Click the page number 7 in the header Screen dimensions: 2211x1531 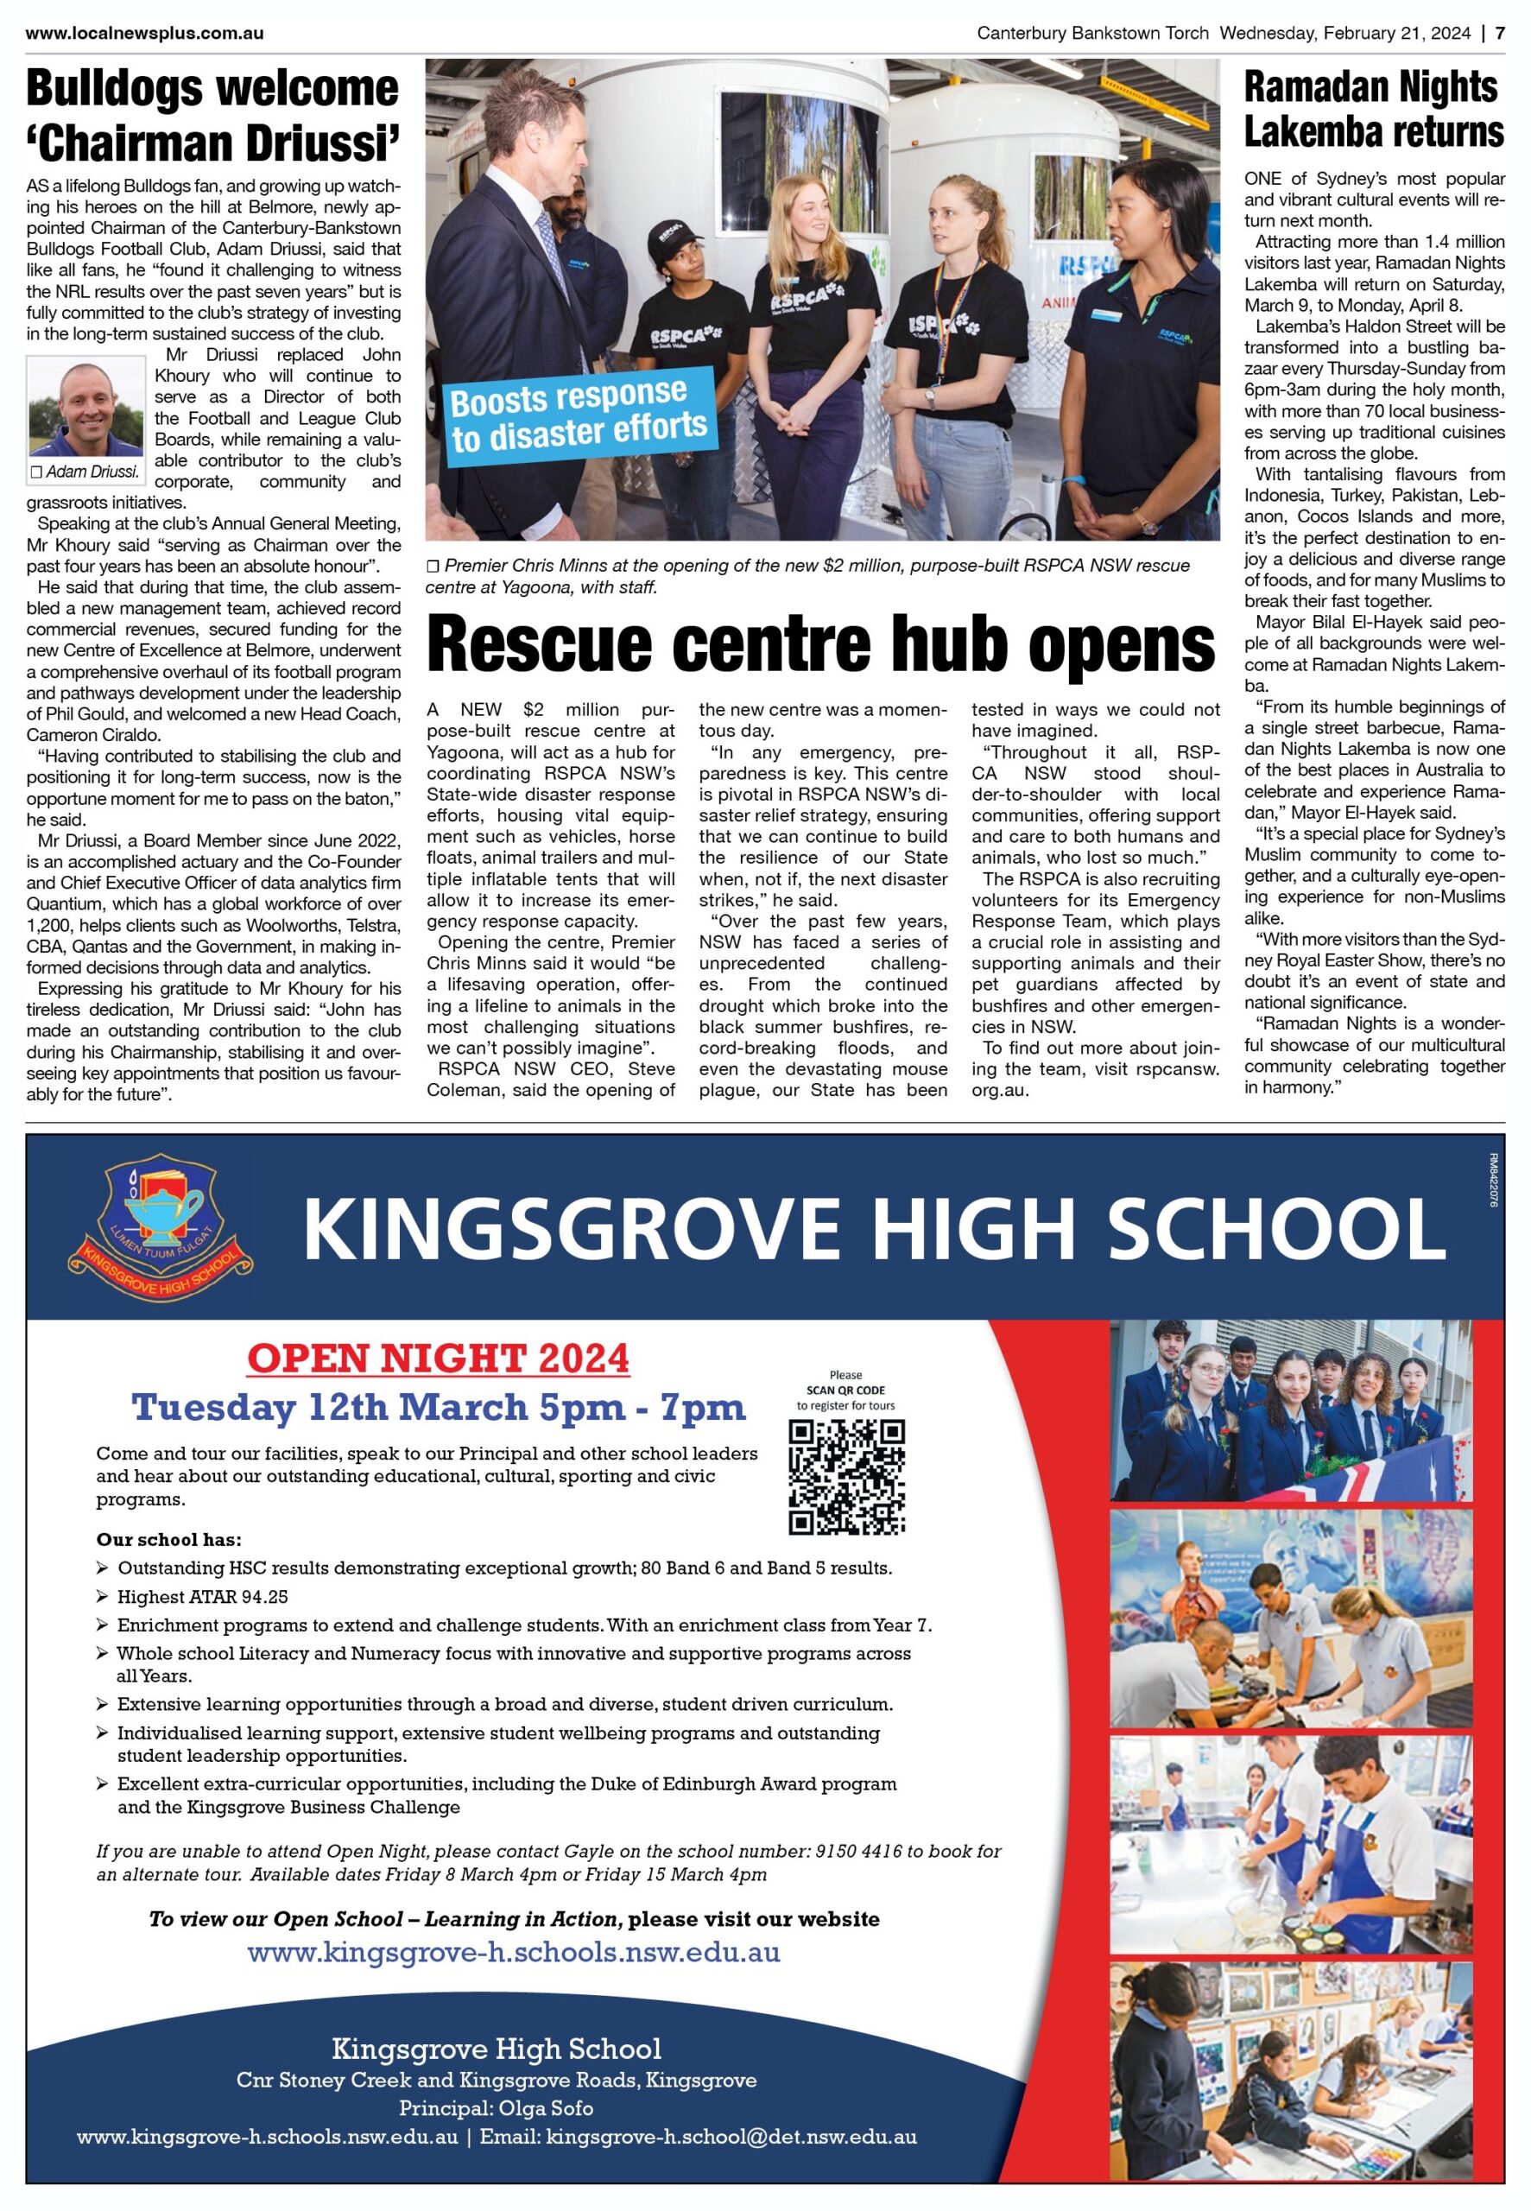(x=1500, y=33)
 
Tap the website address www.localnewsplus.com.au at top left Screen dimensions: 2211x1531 (x=145, y=34)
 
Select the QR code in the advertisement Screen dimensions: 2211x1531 (x=846, y=1477)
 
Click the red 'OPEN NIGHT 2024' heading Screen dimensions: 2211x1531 (x=439, y=1359)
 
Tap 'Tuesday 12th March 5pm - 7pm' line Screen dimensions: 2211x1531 (x=439, y=1407)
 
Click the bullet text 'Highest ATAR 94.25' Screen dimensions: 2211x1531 (x=202, y=1597)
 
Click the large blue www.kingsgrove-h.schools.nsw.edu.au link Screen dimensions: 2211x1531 (x=513, y=1952)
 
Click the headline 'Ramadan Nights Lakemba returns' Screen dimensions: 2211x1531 (x=1373, y=110)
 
